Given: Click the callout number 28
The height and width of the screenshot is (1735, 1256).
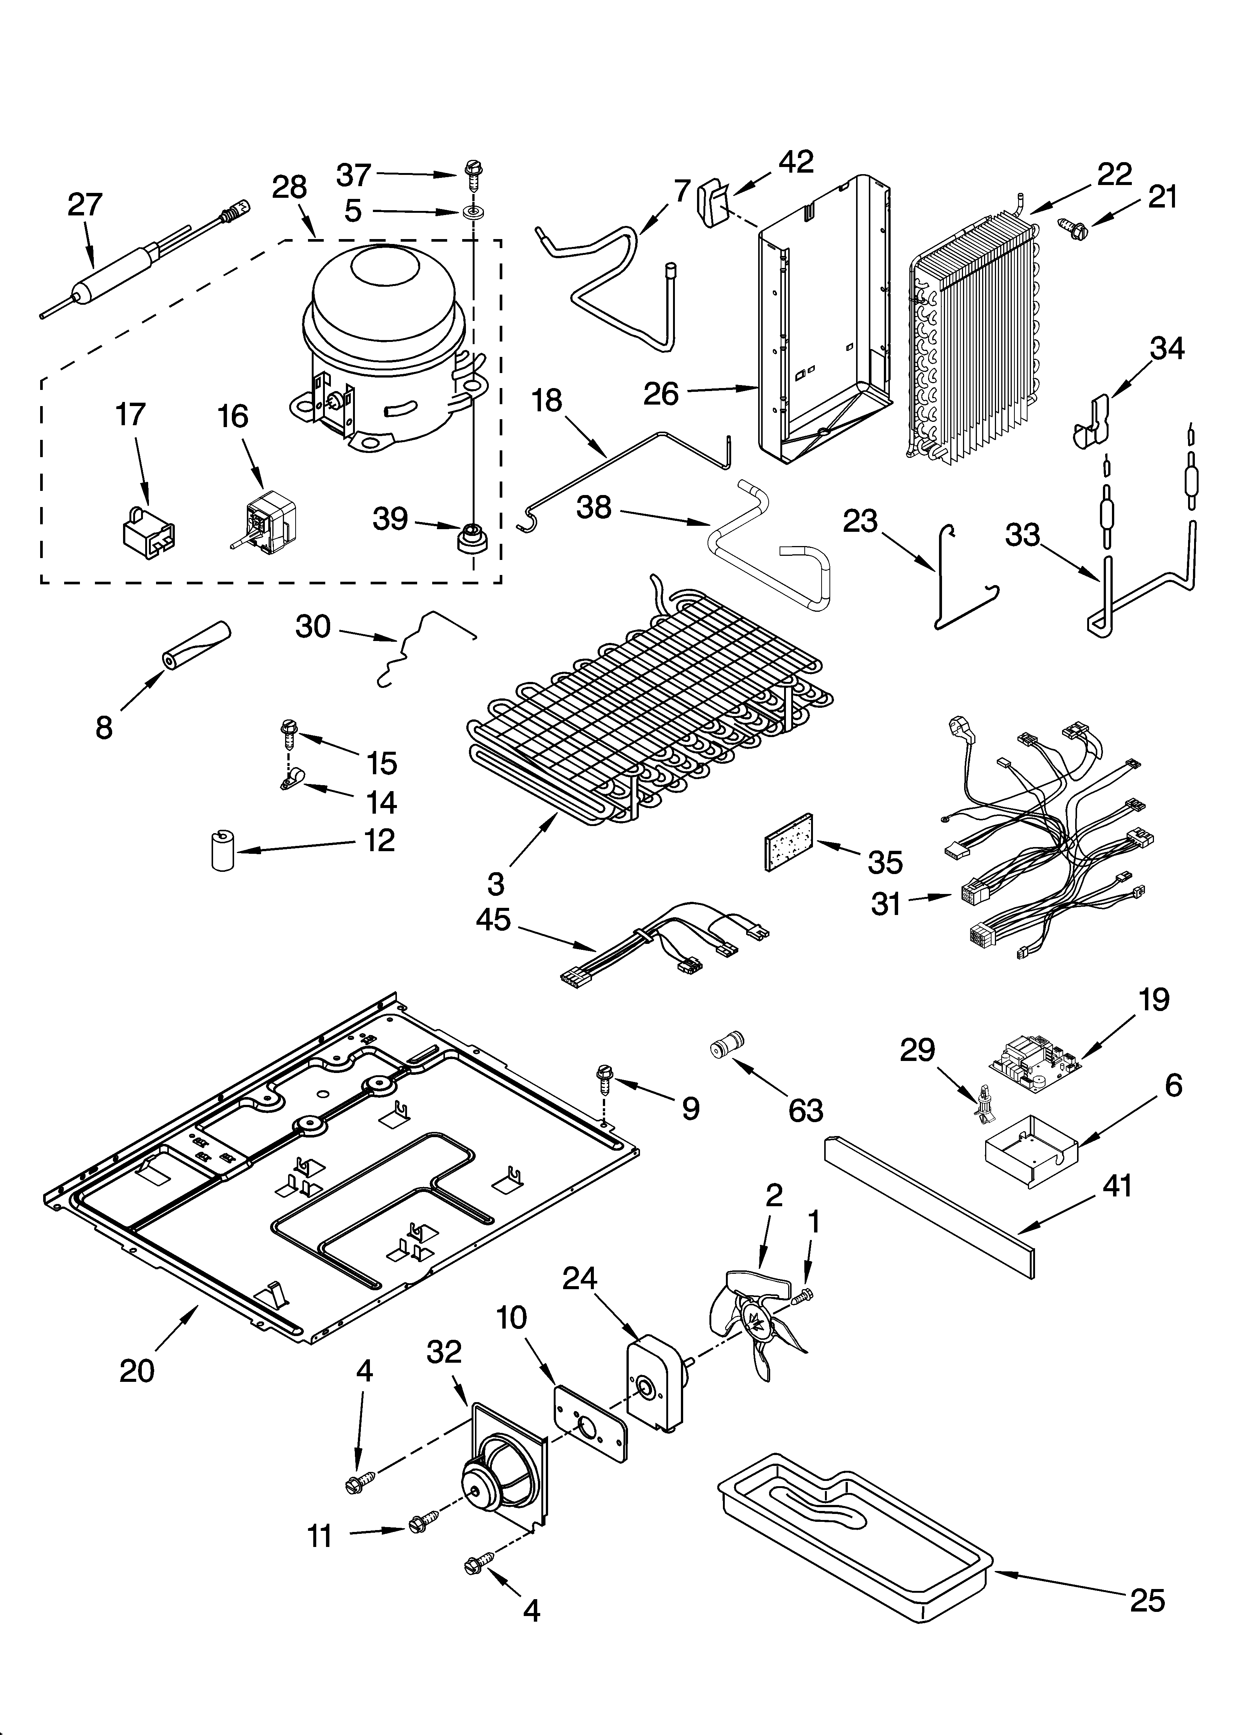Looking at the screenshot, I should (x=290, y=187).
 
